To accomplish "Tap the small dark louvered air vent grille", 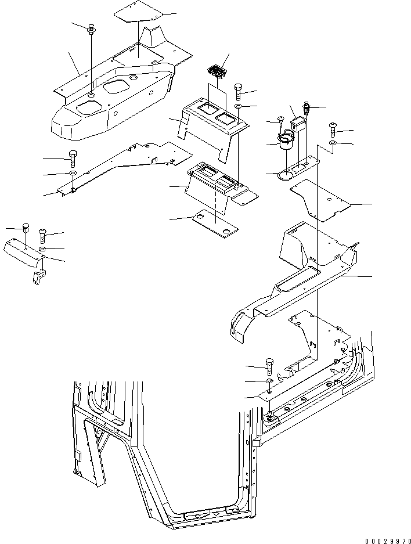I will tap(216, 73).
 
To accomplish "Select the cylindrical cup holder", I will tap(286, 143).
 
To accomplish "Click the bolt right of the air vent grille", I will tap(239, 91).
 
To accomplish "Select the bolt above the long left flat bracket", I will tap(72, 158).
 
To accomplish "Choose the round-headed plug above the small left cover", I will tap(25, 228).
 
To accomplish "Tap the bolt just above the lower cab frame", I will tap(270, 366).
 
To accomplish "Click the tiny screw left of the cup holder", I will tap(281, 121).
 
